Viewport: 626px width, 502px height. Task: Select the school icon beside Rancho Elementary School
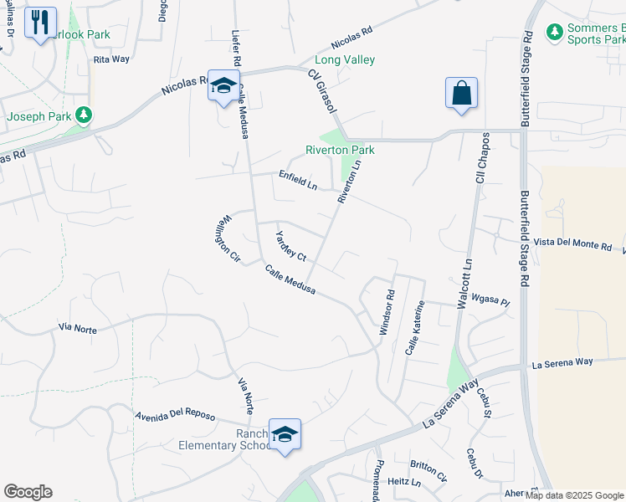(x=285, y=433)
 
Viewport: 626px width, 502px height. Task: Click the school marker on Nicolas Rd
(x=223, y=86)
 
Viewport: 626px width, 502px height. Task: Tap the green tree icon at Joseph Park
(x=82, y=115)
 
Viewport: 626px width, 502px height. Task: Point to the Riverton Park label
(x=340, y=150)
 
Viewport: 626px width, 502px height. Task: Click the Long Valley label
(x=345, y=59)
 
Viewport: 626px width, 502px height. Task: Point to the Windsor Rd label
(x=387, y=313)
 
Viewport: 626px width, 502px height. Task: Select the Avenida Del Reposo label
(x=175, y=416)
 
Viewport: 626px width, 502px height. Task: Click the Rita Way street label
(x=111, y=59)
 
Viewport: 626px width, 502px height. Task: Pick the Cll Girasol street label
(x=322, y=92)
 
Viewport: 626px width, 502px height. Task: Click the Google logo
(x=28, y=492)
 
